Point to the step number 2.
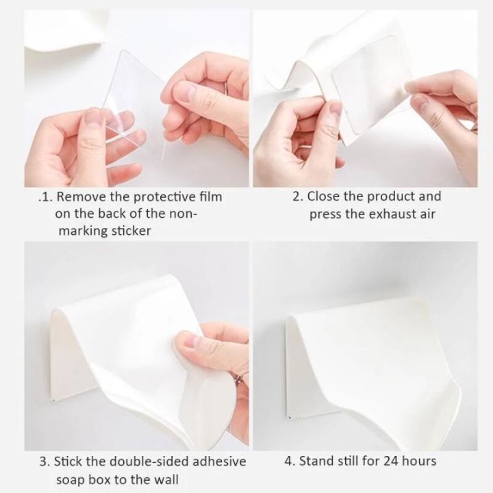pyautogui.click(x=296, y=197)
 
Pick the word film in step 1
pyautogui.click(x=212, y=197)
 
